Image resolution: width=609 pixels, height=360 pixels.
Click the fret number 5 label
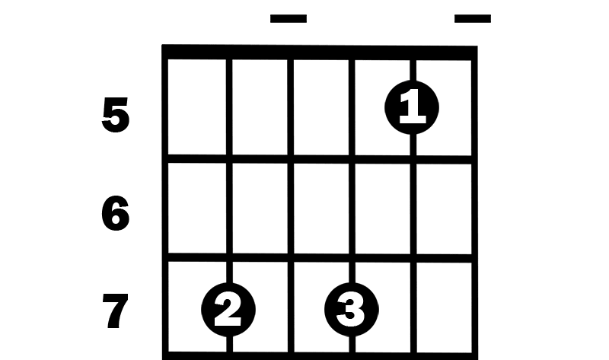pos(115,116)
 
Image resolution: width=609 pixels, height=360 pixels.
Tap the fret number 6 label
pos(115,213)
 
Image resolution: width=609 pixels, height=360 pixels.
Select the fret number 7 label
pos(115,311)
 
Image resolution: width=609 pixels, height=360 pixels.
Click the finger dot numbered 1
pos(412,107)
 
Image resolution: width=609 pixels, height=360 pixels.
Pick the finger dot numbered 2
pos(228,310)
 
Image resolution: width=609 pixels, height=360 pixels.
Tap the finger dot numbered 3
pos(351,310)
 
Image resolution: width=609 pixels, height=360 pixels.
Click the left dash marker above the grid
pos(289,18)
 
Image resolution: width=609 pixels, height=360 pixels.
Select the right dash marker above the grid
pos(473,18)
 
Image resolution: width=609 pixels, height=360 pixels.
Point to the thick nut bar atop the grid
pos(320,53)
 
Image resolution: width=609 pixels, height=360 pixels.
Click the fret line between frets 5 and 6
pos(320,159)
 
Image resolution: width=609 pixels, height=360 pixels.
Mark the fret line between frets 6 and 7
pos(320,258)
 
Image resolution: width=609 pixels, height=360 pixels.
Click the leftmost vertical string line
pos(165,202)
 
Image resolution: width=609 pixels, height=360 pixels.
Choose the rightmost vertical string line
pos(474,202)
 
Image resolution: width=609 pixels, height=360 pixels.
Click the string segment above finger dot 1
pos(413,70)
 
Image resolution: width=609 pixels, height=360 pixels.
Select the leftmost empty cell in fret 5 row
pos(197,107)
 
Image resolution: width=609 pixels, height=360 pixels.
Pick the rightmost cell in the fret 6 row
pos(444,209)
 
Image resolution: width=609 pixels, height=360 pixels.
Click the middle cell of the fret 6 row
pos(321,209)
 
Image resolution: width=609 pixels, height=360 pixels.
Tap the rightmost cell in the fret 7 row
pos(444,307)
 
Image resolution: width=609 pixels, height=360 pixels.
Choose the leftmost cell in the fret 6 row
pos(197,209)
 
